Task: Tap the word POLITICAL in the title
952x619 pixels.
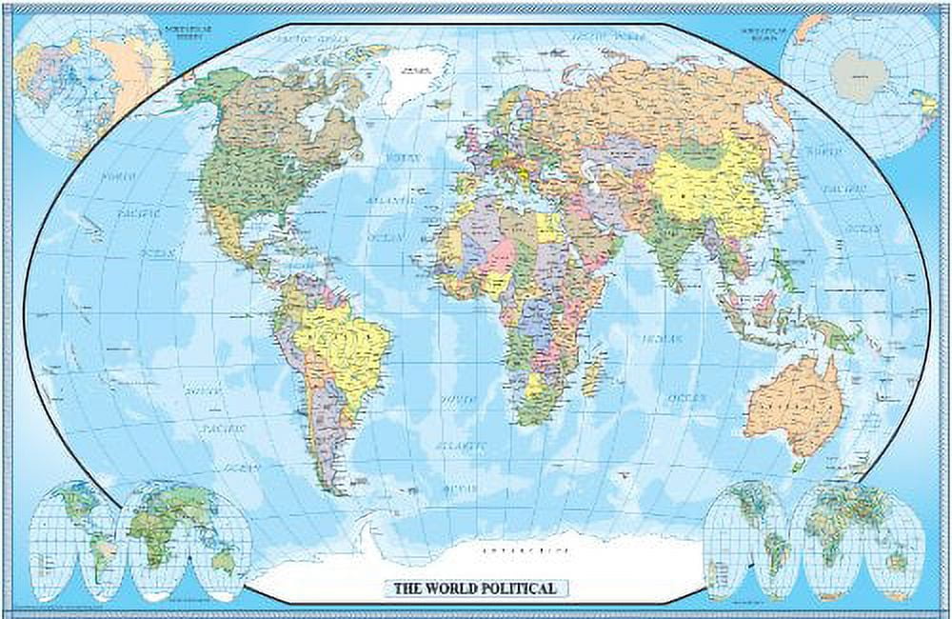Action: [525, 588]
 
